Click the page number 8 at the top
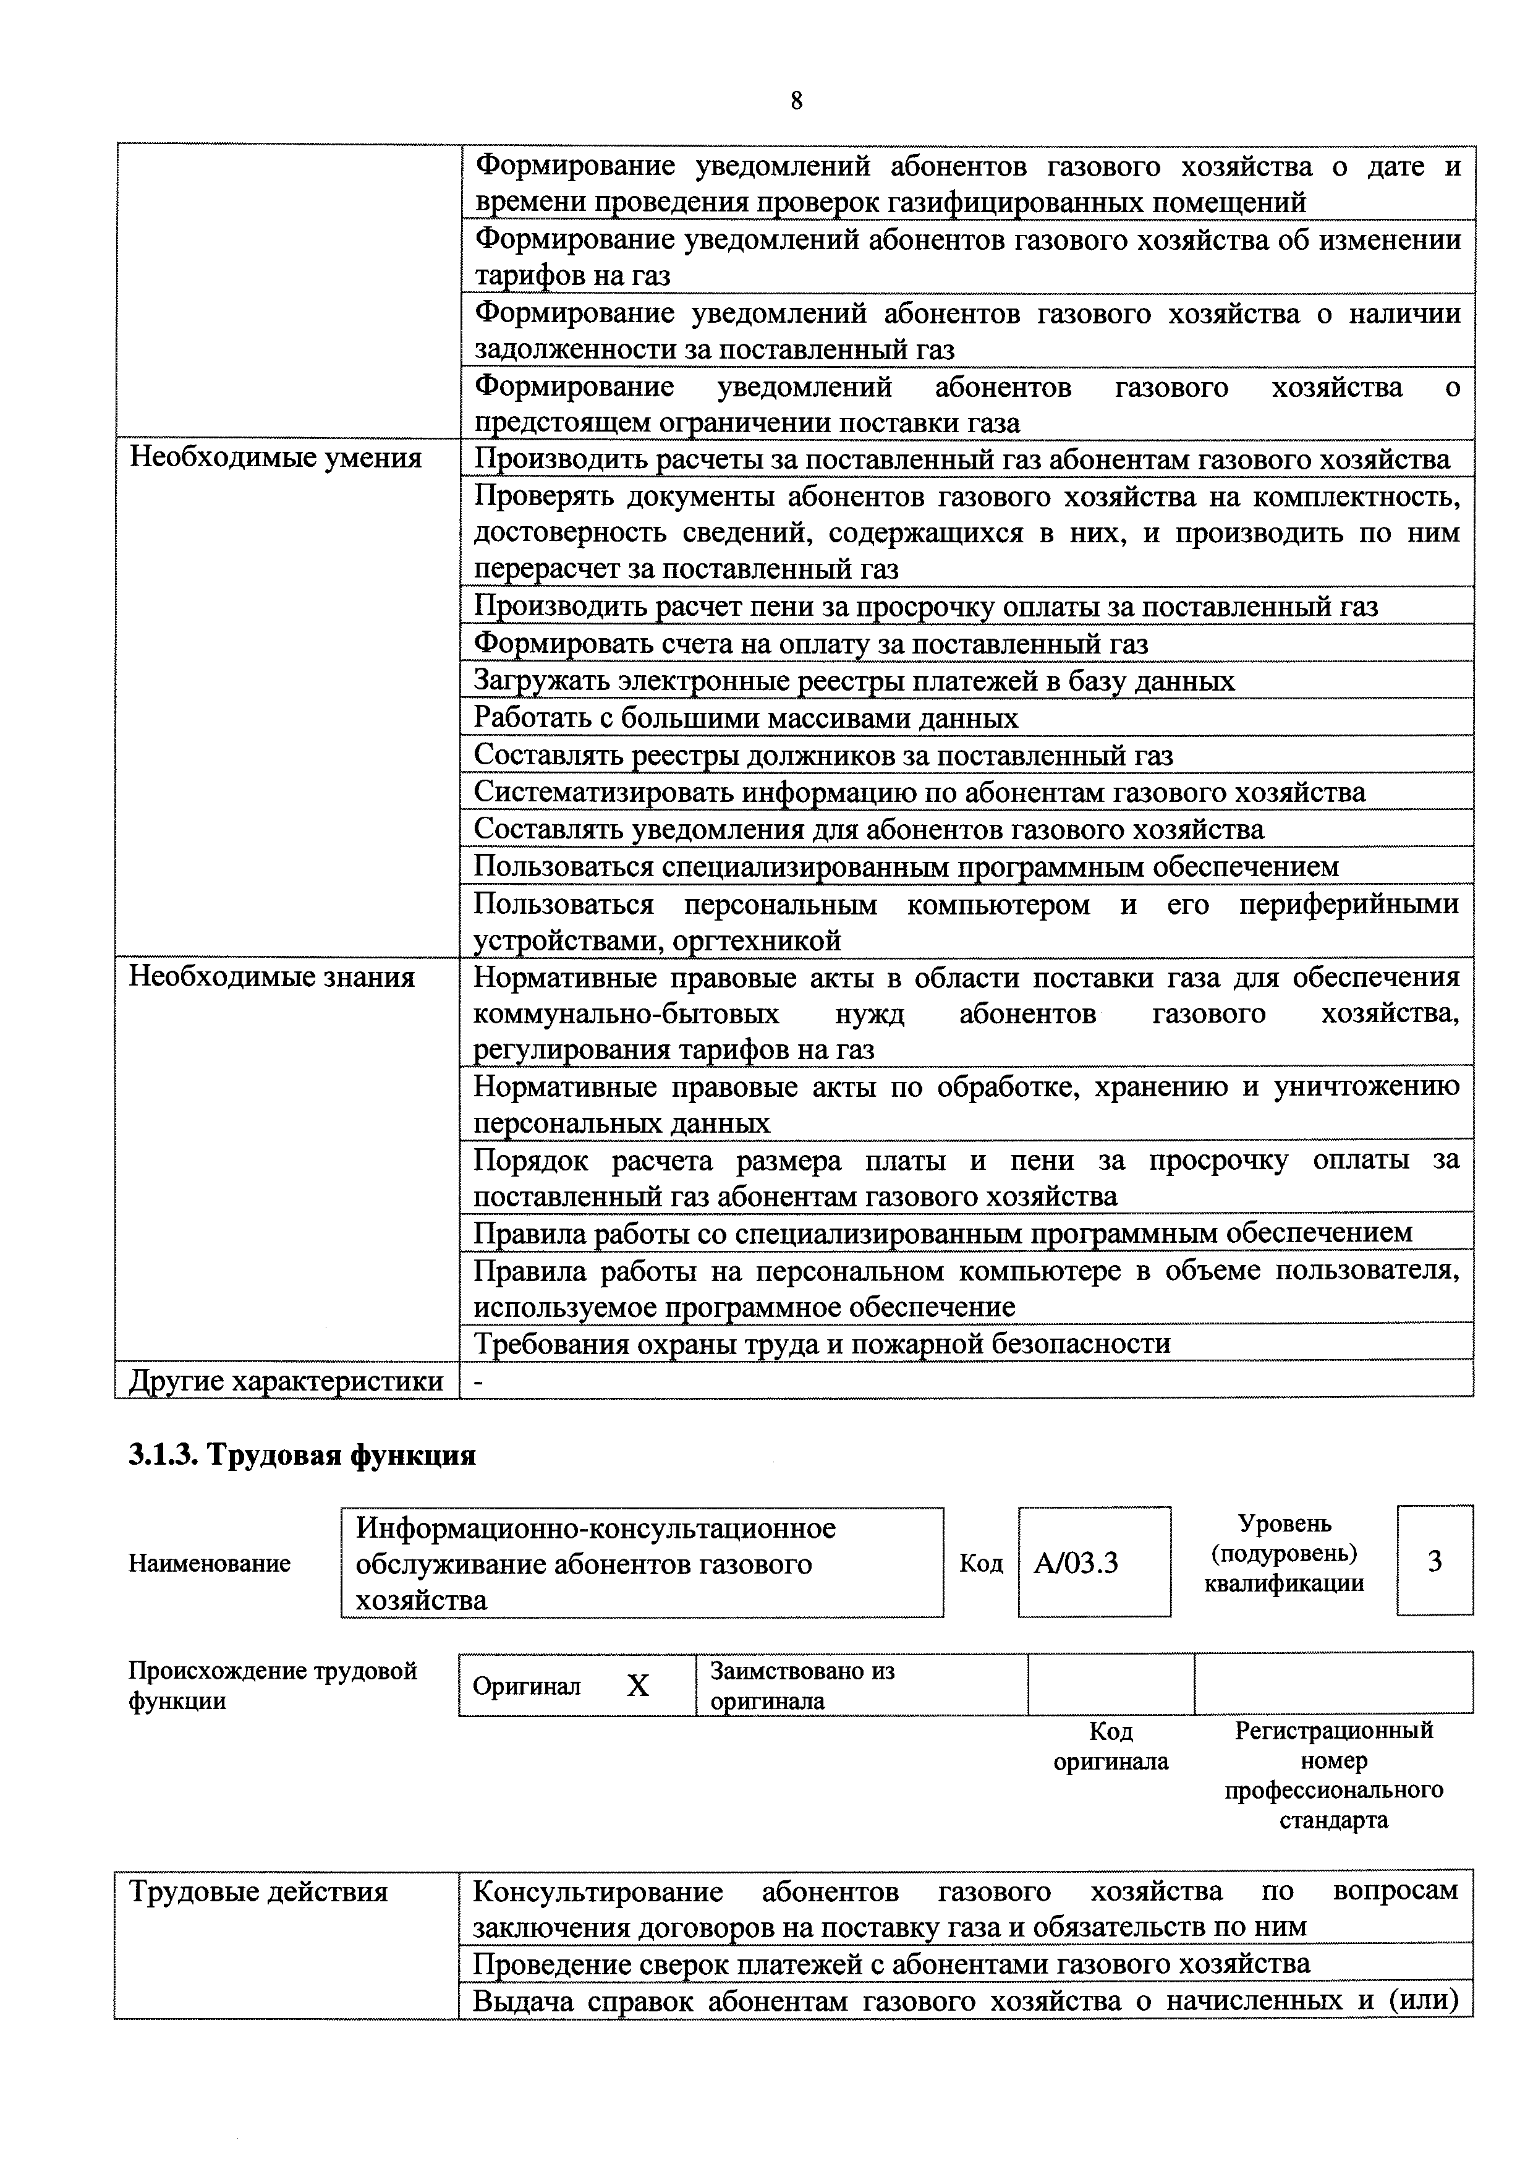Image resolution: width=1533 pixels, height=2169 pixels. point(796,101)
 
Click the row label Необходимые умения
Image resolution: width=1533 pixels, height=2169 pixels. point(275,458)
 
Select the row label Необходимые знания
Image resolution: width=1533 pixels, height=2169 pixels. point(272,976)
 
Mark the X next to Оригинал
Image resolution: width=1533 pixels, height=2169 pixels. point(639,1686)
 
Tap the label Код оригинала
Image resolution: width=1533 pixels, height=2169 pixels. point(1111,1747)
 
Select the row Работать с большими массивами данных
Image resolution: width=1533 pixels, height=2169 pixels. point(746,718)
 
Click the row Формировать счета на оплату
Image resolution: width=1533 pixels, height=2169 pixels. point(810,644)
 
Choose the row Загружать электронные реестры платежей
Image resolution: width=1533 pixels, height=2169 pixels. point(854,681)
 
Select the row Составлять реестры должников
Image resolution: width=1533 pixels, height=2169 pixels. point(823,756)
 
